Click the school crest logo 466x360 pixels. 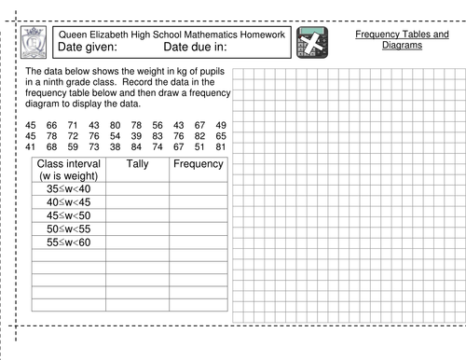pyautogui.click(x=34, y=43)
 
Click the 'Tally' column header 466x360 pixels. pyautogui.click(x=136, y=164)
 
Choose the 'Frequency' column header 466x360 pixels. pyautogui.click(x=198, y=164)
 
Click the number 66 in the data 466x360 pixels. pyautogui.click(x=51, y=125)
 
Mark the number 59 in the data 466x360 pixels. pyautogui.click(x=73, y=146)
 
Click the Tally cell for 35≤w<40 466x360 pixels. pyautogui.click(x=136, y=188)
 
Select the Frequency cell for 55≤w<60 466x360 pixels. pyautogui.click(x=198, y=242)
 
